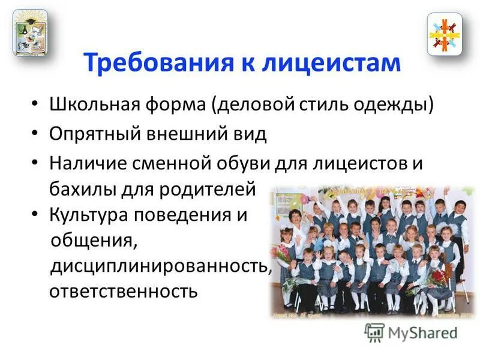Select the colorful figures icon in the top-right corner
coord(445,34)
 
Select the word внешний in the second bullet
coord(178,133)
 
